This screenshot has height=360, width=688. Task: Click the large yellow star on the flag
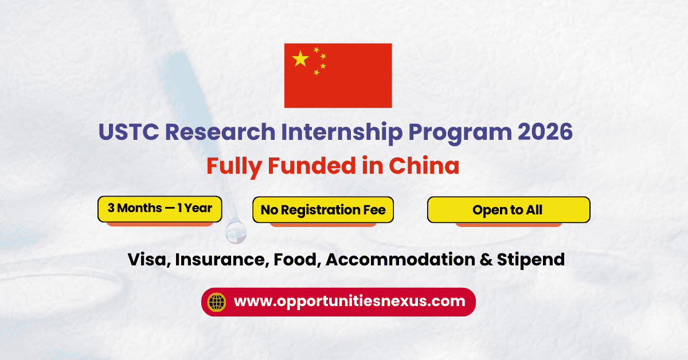coord(300,58)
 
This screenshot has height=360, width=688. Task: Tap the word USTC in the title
coord(128,132)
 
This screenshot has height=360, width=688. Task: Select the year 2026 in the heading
coord(545,132)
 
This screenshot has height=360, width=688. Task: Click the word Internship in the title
coord(342,133)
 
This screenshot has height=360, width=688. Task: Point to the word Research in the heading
coord(220,132)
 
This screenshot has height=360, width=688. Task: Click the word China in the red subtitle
coord(424,165)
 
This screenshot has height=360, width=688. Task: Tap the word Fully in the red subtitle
coord(234,167)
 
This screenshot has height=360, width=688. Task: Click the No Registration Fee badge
coord(323,210)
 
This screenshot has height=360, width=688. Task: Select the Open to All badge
coord(509,210)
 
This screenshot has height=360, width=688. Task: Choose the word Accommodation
coord(401,260)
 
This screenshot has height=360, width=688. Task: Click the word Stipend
coord(531,260)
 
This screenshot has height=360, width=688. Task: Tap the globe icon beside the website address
coord(217,302)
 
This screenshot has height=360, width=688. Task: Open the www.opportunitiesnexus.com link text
coord(350,302)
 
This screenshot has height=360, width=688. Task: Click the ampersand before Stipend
coord(486,260)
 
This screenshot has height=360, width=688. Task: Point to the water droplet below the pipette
coord(236,231)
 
